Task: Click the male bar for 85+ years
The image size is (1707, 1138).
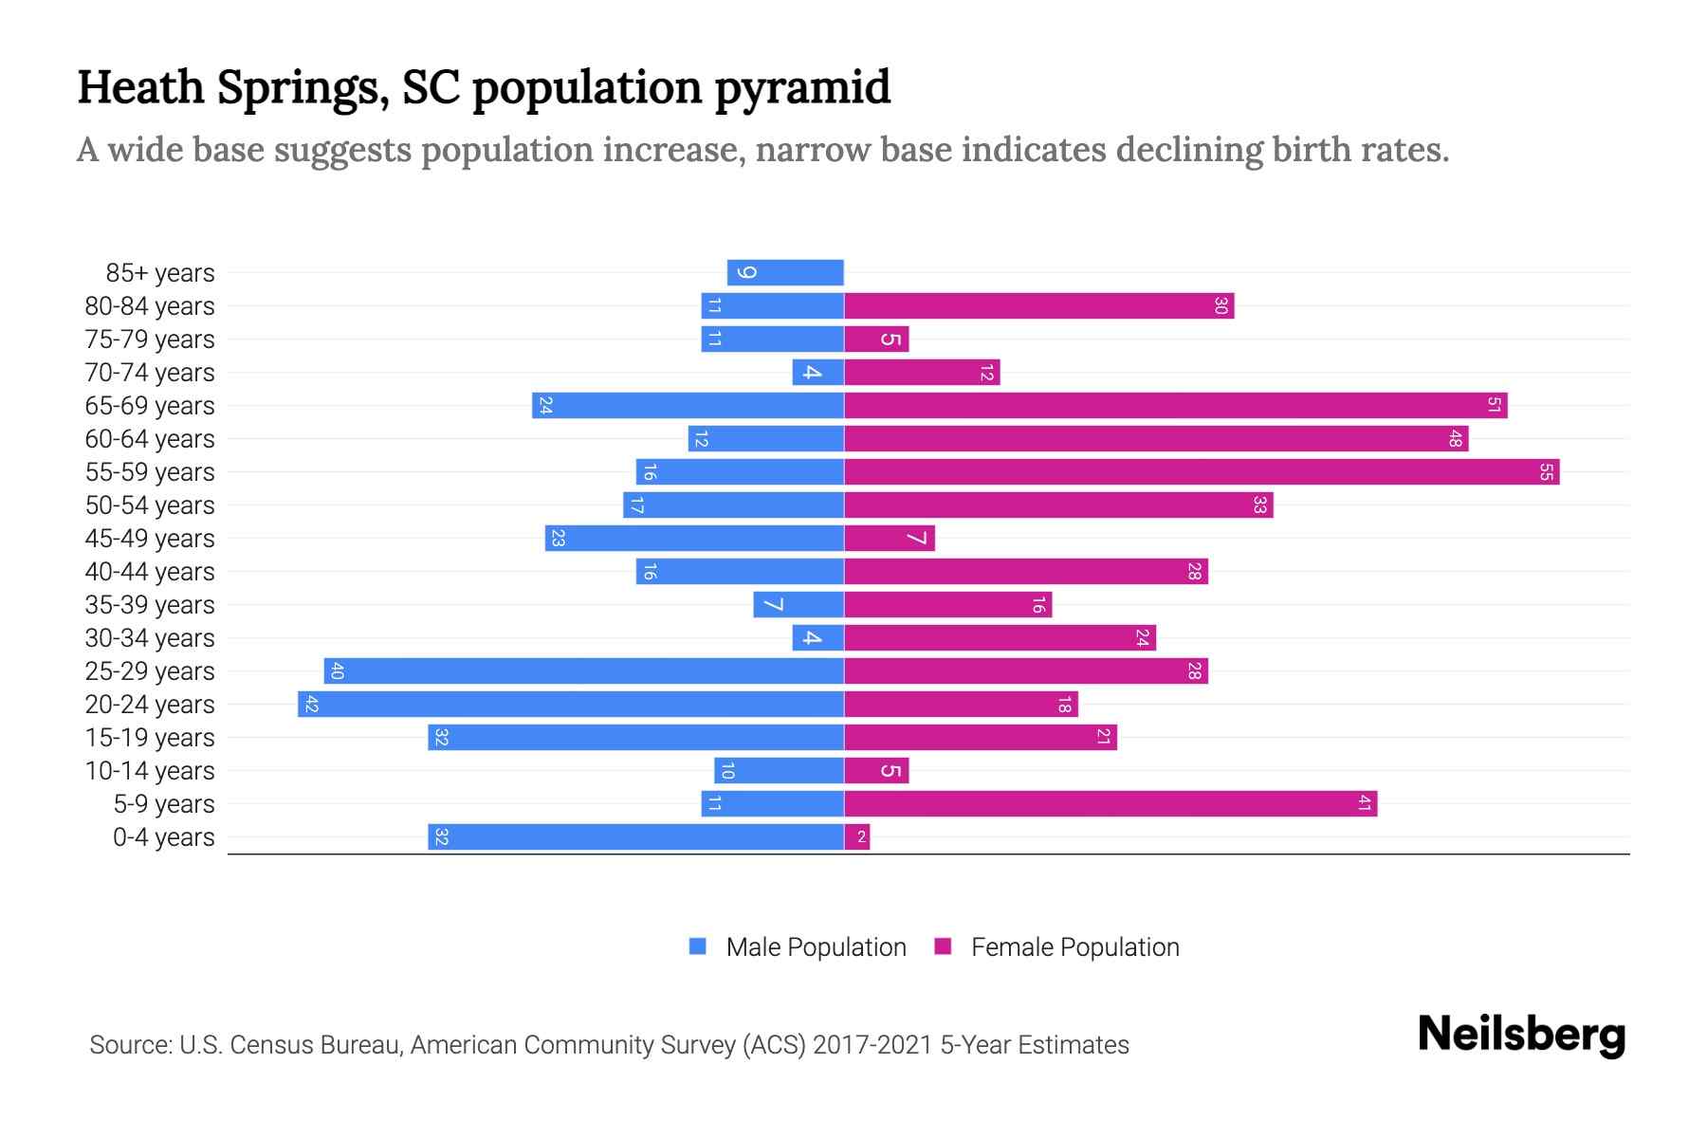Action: (x=785, y=273)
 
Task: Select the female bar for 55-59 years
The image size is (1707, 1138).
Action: (x=1202, y=472)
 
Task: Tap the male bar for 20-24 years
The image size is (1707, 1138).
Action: (x=571, y=705)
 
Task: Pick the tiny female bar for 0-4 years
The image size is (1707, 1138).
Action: (x=857, y=837)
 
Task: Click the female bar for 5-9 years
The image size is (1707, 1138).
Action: (x=1110, y=804)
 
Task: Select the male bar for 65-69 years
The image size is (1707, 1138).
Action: (x=688, y=406)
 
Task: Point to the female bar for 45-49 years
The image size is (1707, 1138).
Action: (x=890, y=539)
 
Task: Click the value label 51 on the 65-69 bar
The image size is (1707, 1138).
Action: (x=1494, y=406)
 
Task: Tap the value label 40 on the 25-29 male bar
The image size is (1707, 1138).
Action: (x=338, y=671)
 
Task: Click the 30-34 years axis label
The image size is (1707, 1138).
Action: (x=150, y=638)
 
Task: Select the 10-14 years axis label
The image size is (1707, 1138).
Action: (x=150, y=771)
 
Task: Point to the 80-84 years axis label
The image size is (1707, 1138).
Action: (x=150, y=306)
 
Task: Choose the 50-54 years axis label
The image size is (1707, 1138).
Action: (x=150, y=505)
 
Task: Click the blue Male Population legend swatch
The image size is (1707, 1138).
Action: (x=698, y=946)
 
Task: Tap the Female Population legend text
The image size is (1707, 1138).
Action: (x=1074, y=946)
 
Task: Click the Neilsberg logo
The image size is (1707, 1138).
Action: (x=1521, y=1035)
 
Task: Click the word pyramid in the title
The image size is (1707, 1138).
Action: (x=801, y=87)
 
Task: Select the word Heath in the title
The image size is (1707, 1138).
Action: (x=140, y=87)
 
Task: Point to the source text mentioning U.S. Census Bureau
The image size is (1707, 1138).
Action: (x=609, y=1045)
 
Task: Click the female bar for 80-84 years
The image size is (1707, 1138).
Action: (x=1038, y=306)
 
